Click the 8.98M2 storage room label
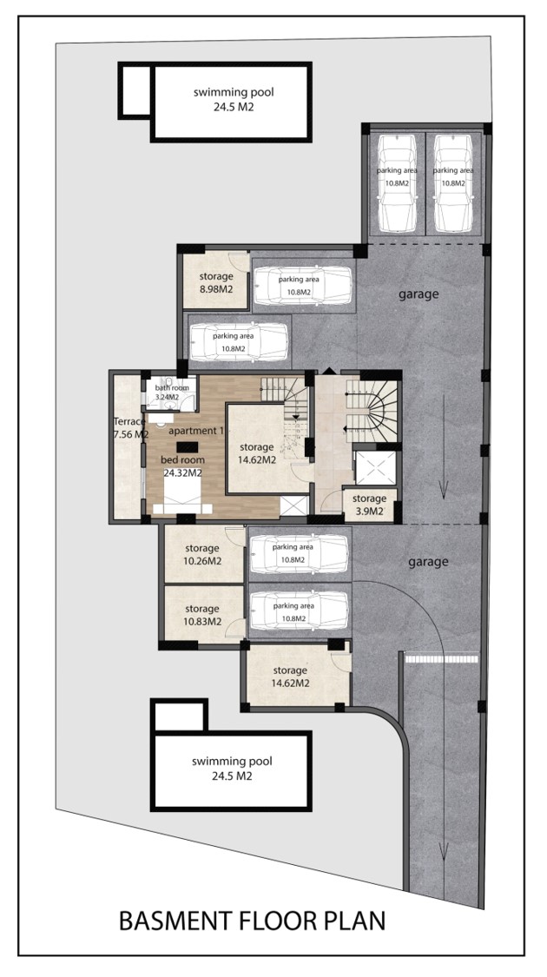tap(216, 281)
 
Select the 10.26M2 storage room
tap(202, 555)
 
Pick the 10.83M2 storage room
tap(202, 614)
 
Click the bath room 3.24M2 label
tap(168, 393)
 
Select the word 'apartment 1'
tap(196, 431)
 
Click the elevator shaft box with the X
tap(375, 467)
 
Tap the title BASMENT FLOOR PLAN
tap(253, 921)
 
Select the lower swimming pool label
tap(232, 769)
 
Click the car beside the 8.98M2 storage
tap(303, 286)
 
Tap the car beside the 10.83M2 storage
tap(299, 611)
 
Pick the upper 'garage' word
tap(418, 294)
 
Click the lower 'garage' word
tap(428, 561)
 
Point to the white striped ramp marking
tap(442, 657)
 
